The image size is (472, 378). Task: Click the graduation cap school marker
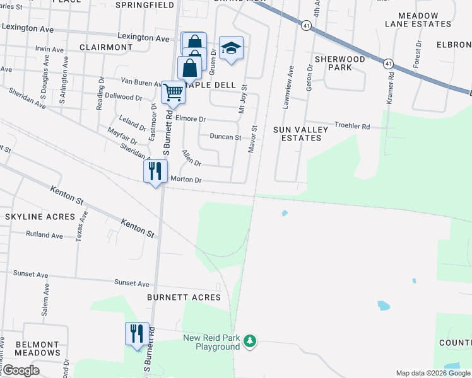click(x=232, y=49)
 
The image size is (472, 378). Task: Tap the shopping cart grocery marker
click(x=173, y=93)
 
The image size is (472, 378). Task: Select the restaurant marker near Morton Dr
click(x=155, y=171)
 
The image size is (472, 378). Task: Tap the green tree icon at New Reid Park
click(x=251, y=341)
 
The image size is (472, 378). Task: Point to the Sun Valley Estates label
click(x=300, y=134)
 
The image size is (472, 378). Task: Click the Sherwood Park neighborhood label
click(x=339, y=63)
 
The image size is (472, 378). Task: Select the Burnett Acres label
click(x=184, y=297)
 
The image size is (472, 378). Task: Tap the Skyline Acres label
click(x=31, y=217)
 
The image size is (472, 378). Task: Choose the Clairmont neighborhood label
click(x=106, y=47)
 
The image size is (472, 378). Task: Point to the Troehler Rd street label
click(x=352, y=126)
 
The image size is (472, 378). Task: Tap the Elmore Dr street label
click(x=191, y=118)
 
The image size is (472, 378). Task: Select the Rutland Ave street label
click(x=44, y=235)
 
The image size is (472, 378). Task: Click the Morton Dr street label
click(x=186, y=180)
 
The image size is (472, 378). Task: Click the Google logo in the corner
click(x=21, y=370)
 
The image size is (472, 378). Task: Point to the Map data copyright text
click(x=432, y=373)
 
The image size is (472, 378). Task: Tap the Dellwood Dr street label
click(x=124, y=97)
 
